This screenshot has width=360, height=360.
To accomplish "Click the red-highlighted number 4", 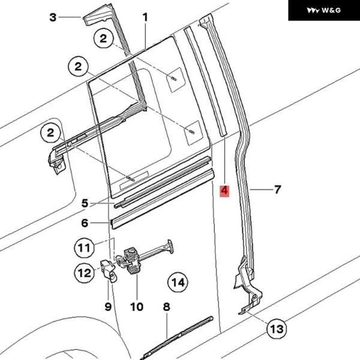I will click(x=224, y=192).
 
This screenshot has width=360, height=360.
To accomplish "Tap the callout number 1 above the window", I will click(x=145, y=18).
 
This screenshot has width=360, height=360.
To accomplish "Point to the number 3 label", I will click(x=53, y=17).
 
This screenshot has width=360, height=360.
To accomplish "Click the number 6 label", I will click(x=85, y=223).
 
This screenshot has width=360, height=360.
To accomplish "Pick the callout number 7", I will click(x=277, y=190).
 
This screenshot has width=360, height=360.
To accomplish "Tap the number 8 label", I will click(x=166, y=307).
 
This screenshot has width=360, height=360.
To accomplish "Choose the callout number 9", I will click(x=108, y=307).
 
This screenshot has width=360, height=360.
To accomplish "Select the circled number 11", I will click(x=85, y=247).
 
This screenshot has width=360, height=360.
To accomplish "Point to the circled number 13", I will click(x=277, y=329).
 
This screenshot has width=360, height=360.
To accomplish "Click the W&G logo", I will click(x=323, y=10).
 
